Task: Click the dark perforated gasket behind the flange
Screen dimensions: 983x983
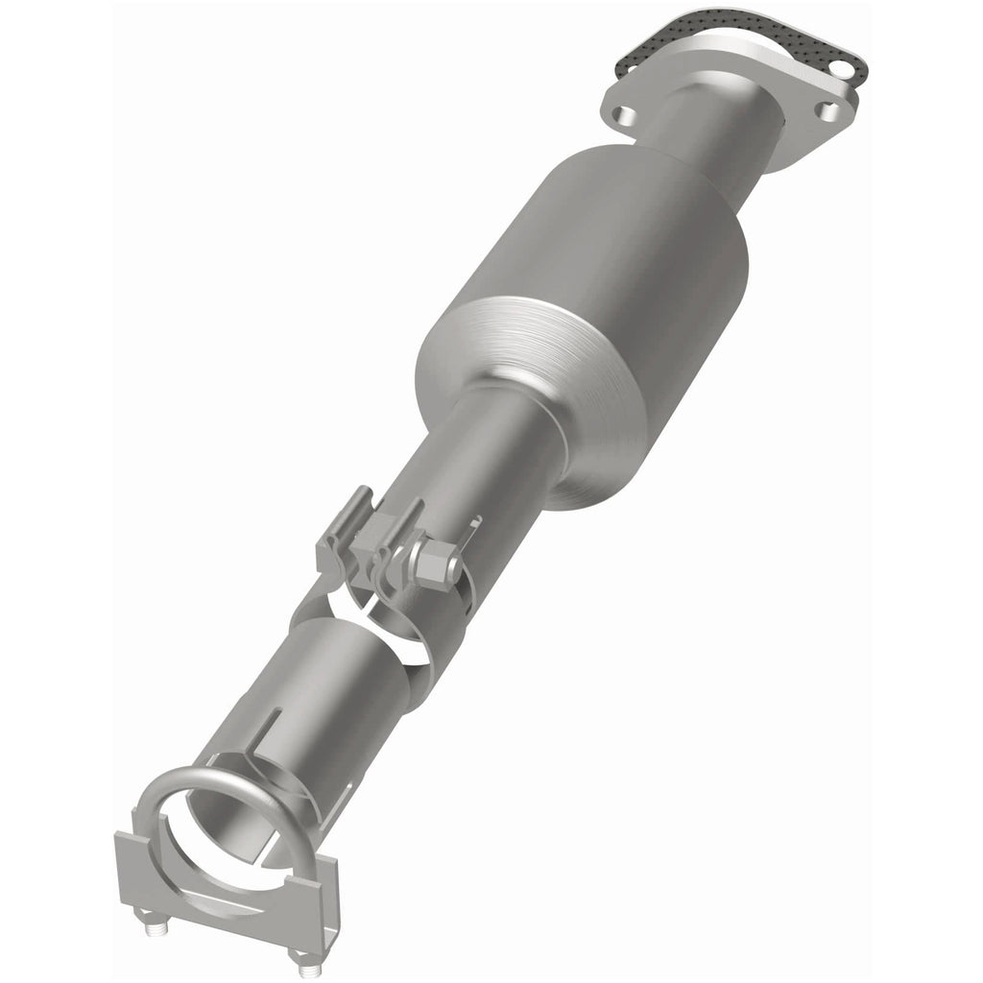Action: pos(672,38)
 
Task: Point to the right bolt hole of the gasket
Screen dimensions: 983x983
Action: pos(841,69)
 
